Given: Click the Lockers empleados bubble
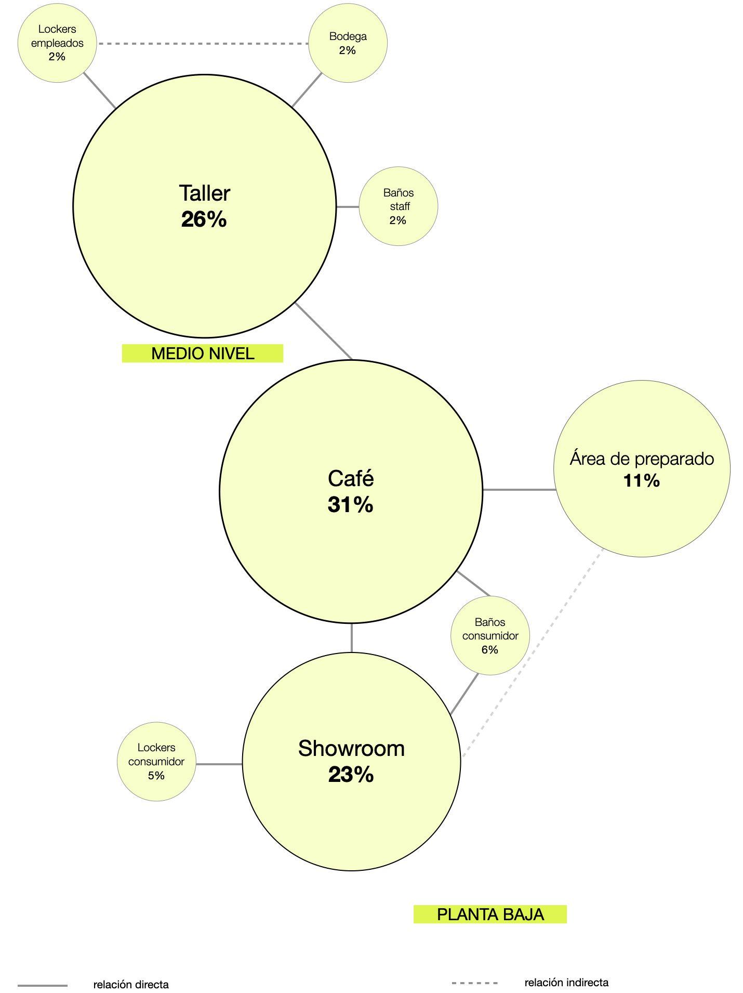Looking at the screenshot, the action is click(57, 43).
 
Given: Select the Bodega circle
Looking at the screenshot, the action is click(348, 43).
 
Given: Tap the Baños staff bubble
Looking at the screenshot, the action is click(399, 206).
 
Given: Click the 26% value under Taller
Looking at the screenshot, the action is click(204, 219).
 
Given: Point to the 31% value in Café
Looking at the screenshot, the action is click(350, 505).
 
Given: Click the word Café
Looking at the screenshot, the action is click(351, 479).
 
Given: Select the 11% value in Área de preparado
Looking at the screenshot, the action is click(642, 481).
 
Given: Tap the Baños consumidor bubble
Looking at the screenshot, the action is click(489, 635).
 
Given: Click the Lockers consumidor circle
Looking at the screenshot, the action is click(156, 762).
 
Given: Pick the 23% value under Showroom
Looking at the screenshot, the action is click(351, 775).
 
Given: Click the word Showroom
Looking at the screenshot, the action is click(351, 749).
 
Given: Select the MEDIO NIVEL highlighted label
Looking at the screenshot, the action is click(203, 354).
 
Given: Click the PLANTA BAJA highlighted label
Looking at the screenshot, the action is click(490, 914).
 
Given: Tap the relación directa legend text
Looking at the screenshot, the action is click(131, 985).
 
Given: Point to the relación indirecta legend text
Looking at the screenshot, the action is click(566, 983).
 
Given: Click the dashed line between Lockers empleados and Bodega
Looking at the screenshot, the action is click(203, 44).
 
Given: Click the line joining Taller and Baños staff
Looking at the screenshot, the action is click(348, 207).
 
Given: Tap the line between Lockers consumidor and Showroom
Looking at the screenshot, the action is click(219, 764).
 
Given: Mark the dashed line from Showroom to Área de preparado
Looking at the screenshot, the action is click(533, 652).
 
